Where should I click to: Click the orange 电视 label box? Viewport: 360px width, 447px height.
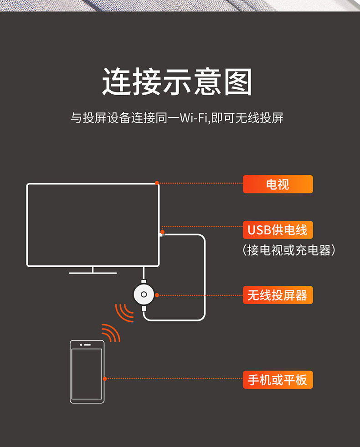coord(278,184)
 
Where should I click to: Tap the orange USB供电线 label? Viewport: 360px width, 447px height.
coord(278,230)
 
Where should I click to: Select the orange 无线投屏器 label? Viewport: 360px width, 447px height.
coord(278,295)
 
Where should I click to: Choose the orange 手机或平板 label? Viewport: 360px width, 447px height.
coord(278,379)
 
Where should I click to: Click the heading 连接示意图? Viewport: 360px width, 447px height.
coord(177,82)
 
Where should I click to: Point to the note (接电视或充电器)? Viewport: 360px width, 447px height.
coord(289,250)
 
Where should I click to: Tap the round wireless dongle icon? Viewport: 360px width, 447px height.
coord(144,295)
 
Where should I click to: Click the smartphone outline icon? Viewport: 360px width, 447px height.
coord(87,371)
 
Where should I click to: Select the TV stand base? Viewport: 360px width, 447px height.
coord(93,273)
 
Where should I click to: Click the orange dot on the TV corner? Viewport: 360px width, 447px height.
coord(157,183)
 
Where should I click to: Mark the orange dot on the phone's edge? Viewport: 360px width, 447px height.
coord(105,379)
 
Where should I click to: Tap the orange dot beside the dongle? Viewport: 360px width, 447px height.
coord(157,295)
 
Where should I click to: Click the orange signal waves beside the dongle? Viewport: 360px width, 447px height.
coord(124,312)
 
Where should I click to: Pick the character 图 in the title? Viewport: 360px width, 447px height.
coord(238,82)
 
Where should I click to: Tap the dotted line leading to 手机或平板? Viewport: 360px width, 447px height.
coord(173,379)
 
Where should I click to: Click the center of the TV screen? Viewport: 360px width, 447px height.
coord(93,224)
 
